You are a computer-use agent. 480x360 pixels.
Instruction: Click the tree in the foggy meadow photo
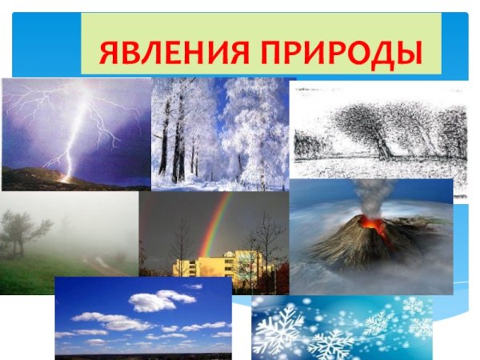point(24,228)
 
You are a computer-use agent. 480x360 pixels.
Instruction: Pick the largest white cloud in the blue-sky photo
point(152,302)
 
